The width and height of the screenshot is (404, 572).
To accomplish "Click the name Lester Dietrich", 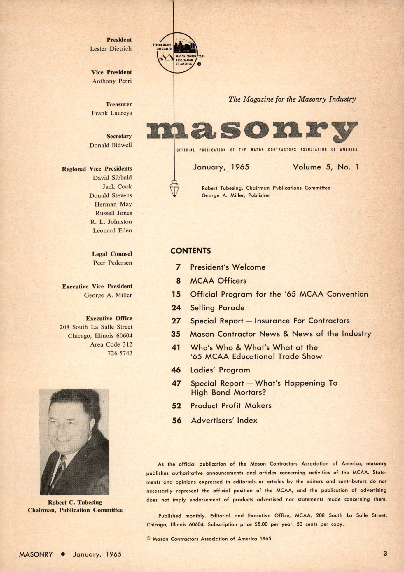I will (111, 49).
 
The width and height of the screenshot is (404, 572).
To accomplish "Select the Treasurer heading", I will (118, 104).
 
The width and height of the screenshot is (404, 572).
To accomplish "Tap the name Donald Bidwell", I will (111, 145).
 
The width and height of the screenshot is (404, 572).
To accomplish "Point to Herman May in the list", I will (113, 204).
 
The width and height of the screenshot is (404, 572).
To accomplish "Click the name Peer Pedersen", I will (113, 263).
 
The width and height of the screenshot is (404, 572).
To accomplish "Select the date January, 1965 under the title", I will (221, 167).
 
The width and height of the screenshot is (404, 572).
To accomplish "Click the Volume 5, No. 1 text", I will (326, 167).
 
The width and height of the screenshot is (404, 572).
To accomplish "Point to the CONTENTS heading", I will (190, 251).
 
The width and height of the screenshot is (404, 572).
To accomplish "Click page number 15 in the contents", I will (176, 294).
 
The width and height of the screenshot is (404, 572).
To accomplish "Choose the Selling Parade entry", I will (217, 308).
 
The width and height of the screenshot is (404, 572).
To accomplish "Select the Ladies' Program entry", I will (220, 370).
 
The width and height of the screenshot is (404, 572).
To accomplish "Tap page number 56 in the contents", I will (177, 420).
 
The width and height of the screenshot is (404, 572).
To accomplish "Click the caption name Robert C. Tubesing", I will (75, 502).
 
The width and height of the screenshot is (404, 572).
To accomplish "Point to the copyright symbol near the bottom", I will (148, 539).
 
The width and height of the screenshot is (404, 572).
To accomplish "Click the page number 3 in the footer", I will (385, 553).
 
